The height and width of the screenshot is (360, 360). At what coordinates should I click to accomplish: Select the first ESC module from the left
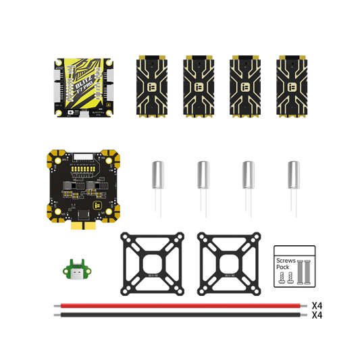point(151,86)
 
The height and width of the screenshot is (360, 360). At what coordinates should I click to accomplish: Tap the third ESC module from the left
point(244,86)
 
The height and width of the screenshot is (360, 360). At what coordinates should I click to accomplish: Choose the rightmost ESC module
point(290,86)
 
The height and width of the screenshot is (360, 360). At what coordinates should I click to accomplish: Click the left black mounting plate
point(152,263)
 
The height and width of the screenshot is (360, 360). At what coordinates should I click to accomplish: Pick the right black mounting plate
point(228,263)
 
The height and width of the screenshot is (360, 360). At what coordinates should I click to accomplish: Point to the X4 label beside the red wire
point(316,306)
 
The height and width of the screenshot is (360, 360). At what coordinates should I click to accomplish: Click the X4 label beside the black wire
point(316,315)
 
